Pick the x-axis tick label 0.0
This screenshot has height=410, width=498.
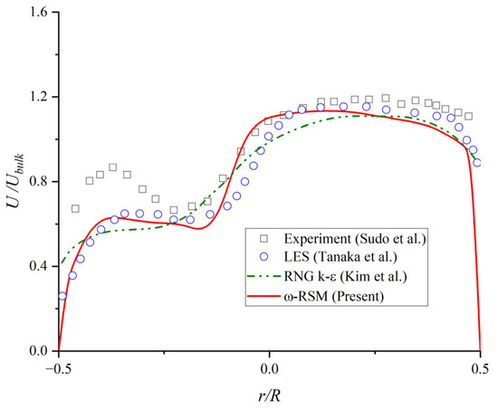tap(269, 368)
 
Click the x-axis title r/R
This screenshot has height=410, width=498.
tap(269, 396)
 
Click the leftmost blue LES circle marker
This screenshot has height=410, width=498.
tap(62, 296)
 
